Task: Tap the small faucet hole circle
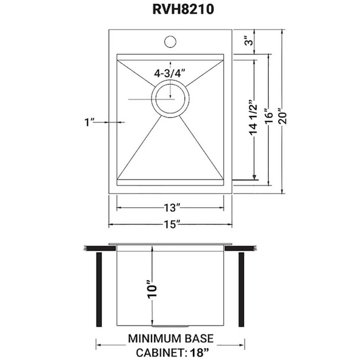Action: pos(170,42)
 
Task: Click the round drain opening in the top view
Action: pos(171,98)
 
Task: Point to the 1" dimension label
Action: pos(90,123)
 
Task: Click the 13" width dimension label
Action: pos(170,208)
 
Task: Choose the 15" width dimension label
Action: pos(170,224)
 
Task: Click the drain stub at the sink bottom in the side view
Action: pos(171,326)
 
